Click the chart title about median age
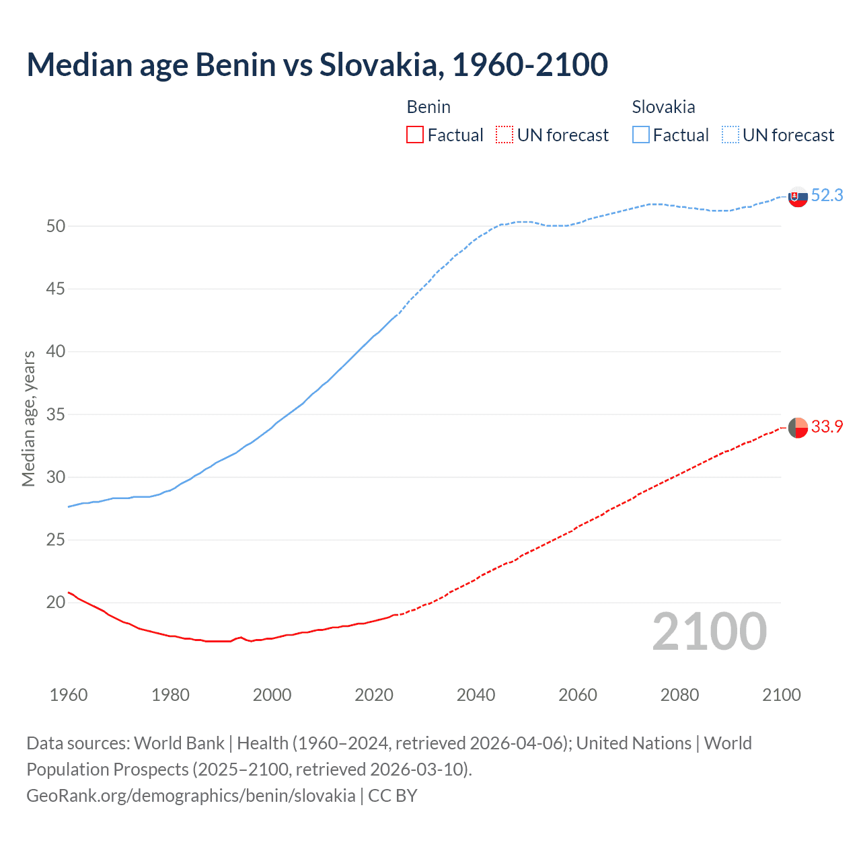pyautogui.click(x=317, y=65)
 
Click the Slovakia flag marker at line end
pyautogui.click(x=798, y=197)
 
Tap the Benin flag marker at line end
pyautogui.click(x=798, y=428)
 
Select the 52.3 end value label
pyautogui.click(x=827, y=195)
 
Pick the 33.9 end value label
pyautogui.click(x=827, y=426)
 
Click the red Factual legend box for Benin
pyautogui.click(x=415, y=135)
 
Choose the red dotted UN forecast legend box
pyautogui.click(x=504, y=135)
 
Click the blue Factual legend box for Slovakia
pyautogui.click(x=641, y=135)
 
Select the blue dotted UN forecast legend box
pyautogui.click(x=731, y=135)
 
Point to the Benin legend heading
pyautogui.click(x=428, y=107)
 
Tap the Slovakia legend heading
pyautogui.click(x=663, y=107)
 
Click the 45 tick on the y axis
pyautogui.click(x=56, y=289)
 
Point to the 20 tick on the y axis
pyautogui.click(x=56, y=603)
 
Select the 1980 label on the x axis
pyautogui.click(x=170, y=695)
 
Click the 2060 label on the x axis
pyautogui.click(x=578, y=695)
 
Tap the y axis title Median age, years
pyautogui.click(x=28, y=418)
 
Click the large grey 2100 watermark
pyautogui.click(x=710, y=632)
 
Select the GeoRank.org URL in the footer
pyautogui.click(x=190, y=796)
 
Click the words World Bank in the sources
pyautogui.click(x=179, y=743)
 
